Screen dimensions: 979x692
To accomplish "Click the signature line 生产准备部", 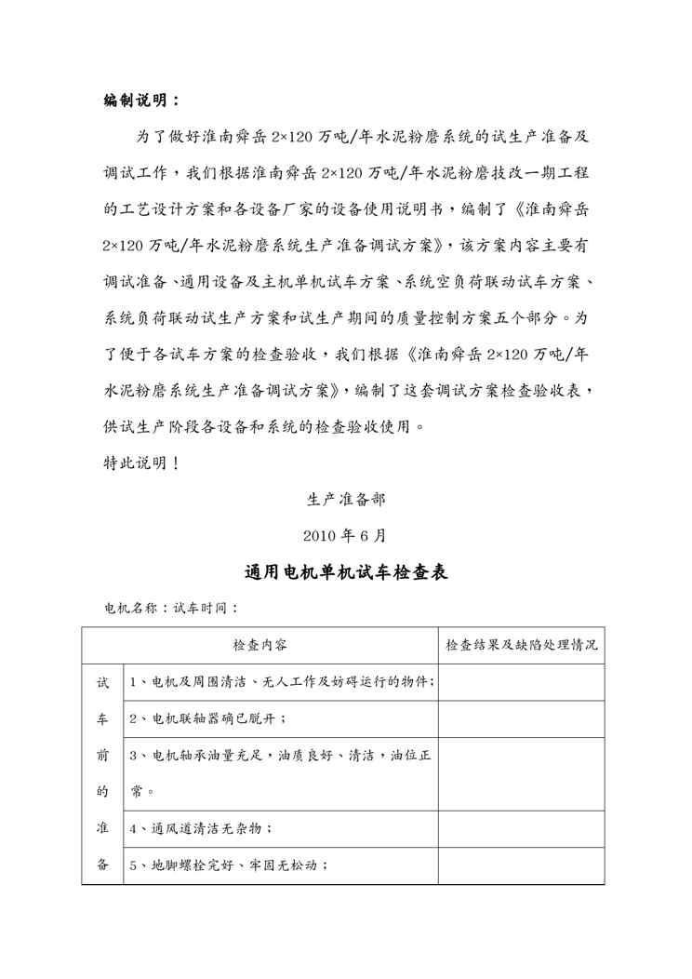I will pyautogui.click(x=346, y=499).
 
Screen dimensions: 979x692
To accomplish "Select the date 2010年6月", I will pyautogui.click(x=346, y=536).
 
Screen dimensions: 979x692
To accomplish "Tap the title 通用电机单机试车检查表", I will pyautogui.click(x=346, y=572).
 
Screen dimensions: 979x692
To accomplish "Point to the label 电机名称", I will pyautogui.click(x=127, y=609).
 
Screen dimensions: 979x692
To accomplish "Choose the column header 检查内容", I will pyautogui.click(x=259, y=645).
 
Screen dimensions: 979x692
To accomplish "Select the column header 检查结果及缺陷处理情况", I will pyautogui.click(x=521, y=645).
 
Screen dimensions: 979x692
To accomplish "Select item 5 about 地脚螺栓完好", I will pyautogui.click(x=228, y=865).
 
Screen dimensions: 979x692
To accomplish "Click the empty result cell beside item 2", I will pyautogui.click(x=521, y=718).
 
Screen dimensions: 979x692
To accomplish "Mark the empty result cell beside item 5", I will pyautogui.click(x=521, y=865).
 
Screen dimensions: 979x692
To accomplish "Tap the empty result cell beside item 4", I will pyautogui.click(x=521, y=827).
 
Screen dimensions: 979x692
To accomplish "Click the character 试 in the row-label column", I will pyautogui.click(x=103, y=682).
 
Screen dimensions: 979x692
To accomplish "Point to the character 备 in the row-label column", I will pyautogui.click(x=103, y=865).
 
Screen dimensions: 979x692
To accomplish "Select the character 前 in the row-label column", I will pyautogui.click(x=103, y=756).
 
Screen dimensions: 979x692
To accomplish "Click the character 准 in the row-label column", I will pyautogui.click(x=103, y=827).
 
